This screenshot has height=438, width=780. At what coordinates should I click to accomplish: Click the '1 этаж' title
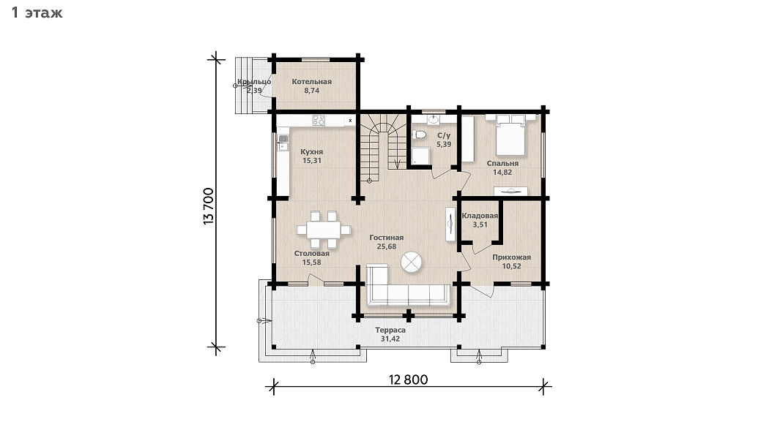coord(37,12)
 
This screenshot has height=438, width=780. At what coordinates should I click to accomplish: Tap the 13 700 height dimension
coord(209,206)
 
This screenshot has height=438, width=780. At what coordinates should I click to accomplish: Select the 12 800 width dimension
coord(408,380)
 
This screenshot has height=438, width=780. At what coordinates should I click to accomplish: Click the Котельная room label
coord(311,81)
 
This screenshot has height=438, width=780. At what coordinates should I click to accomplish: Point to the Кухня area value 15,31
coord(312,160)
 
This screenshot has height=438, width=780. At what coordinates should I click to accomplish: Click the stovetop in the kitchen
coord(319,120)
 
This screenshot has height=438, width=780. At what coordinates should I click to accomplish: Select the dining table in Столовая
coord(323,230)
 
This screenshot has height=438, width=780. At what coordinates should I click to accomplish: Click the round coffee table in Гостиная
coord(412,263)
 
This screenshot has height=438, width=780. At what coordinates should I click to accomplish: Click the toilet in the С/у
coord(419,135)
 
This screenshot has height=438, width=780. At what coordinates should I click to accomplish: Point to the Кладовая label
coord(480,216)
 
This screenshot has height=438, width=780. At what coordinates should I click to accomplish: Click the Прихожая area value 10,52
coord(511,266)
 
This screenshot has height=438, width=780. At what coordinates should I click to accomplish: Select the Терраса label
coord(390,330)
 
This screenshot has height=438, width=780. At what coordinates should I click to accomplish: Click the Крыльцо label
coord(254,81)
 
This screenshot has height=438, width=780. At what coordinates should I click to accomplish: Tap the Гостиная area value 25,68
coord(387,246)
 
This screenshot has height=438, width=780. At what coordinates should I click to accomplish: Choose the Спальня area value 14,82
coord(502,173)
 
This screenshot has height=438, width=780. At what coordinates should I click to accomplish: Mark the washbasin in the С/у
coord(434,119)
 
